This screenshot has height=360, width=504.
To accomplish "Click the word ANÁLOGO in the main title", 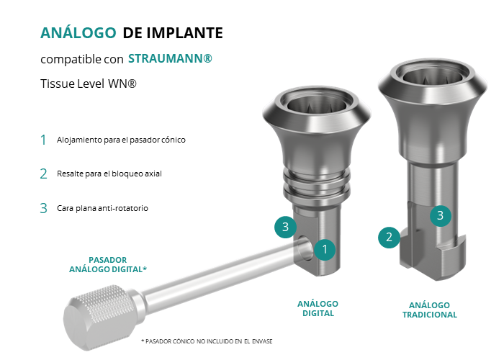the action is pos(78,32).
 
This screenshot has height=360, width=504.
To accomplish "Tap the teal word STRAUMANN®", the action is pos(170,58).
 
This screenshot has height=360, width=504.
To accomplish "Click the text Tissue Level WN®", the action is pos(89,84).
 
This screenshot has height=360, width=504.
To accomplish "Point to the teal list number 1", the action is pos(43,140).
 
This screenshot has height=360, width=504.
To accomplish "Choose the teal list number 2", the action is pos(43,174).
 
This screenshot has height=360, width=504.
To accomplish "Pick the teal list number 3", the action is pos(43,208).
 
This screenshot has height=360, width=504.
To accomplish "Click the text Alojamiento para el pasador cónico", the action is pos(121,140).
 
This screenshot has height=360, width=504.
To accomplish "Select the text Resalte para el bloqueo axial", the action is pos(109,174).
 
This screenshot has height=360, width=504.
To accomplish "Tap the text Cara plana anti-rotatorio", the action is pos(102,208).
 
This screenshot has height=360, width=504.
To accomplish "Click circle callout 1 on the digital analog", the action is pos(325,249).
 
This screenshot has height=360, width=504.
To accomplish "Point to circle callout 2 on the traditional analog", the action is pos(389,237).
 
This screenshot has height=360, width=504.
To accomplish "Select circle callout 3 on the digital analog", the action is pos(285,227).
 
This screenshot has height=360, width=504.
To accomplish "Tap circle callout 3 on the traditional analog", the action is pos(441,216).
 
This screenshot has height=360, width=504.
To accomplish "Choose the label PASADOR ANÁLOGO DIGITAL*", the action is pos(108,264).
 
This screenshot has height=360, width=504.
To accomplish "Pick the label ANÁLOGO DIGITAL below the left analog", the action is pos(318,309).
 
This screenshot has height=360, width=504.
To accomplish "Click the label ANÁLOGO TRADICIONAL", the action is pos(430,310).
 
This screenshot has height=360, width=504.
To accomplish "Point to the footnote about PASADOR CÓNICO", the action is pos(207,341).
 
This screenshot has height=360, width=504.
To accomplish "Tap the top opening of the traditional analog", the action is pos(433,75).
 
